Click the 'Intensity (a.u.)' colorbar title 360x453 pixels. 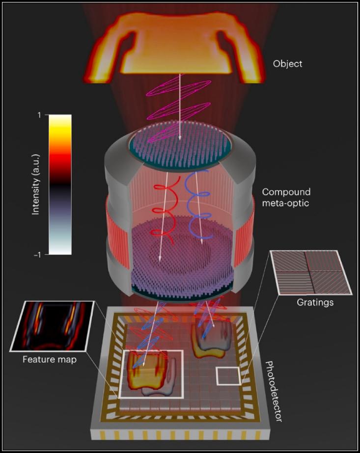pyautogui.click(x=36, y=185)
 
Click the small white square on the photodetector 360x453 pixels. pyautogui.click(x=228, y=376)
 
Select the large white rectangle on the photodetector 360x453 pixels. pyautogui.click(x=151, y=374)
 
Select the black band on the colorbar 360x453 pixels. pyautogui.click(x=60, y=184)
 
